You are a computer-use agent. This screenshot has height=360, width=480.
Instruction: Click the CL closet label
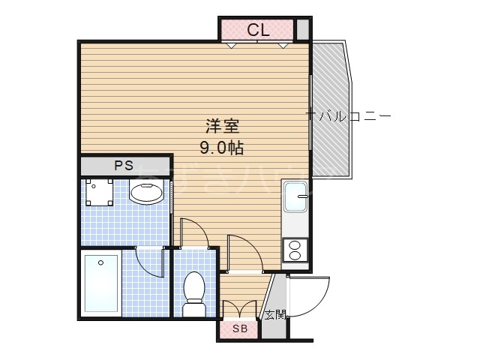(259, 30)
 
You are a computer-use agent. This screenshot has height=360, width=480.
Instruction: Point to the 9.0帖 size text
(220, 147)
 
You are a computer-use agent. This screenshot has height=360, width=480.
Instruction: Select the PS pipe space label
(124, 166)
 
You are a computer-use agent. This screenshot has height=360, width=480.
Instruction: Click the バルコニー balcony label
(351, 116)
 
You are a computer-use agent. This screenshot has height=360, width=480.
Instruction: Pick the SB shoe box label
(239, 329)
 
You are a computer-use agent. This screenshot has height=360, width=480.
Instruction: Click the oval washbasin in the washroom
(146, 193)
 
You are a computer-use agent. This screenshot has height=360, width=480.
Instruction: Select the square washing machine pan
(99, 193)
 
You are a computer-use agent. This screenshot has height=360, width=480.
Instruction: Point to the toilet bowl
(193, 288)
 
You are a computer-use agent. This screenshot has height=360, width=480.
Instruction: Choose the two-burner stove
(294, 249)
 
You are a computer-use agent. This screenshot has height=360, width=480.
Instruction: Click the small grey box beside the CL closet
(302, 29)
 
